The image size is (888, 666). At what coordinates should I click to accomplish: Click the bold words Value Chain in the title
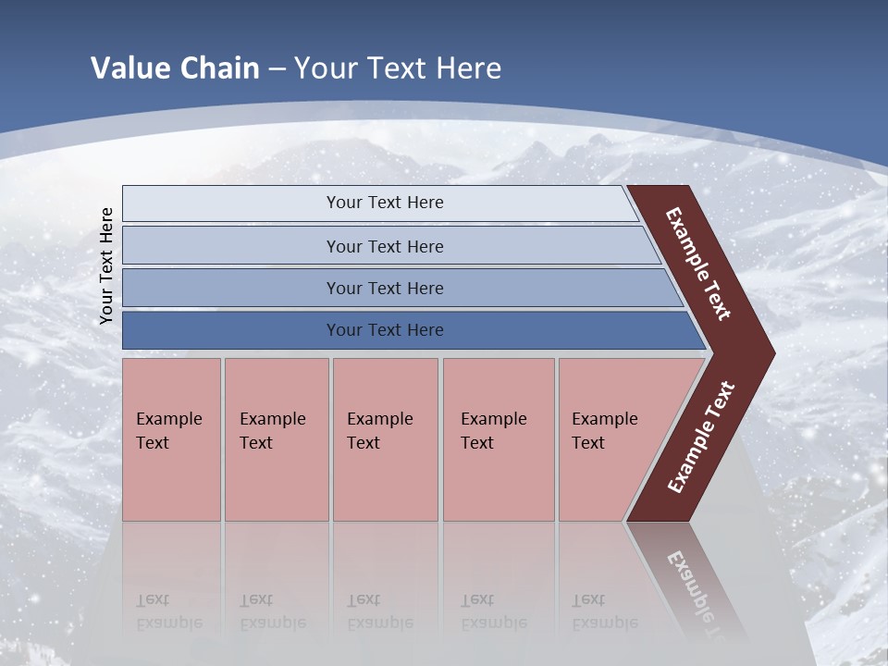(175, 68)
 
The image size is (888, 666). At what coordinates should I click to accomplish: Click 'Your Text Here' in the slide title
(398, 68)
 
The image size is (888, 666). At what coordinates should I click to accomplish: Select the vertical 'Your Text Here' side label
(106, 266)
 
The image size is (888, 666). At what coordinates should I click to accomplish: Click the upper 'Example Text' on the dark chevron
(698, 264)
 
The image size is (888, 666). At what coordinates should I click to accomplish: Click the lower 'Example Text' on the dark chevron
(701, 438)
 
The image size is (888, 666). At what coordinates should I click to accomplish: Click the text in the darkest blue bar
(385, 330)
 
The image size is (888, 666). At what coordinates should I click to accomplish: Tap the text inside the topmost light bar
(385, 203)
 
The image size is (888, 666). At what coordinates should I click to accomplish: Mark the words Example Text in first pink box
(168, 431)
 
